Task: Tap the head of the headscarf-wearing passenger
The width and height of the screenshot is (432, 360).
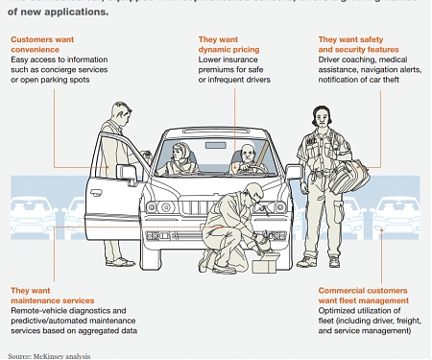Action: coord(178,152)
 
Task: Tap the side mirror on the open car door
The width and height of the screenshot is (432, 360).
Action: coord(140,156)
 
